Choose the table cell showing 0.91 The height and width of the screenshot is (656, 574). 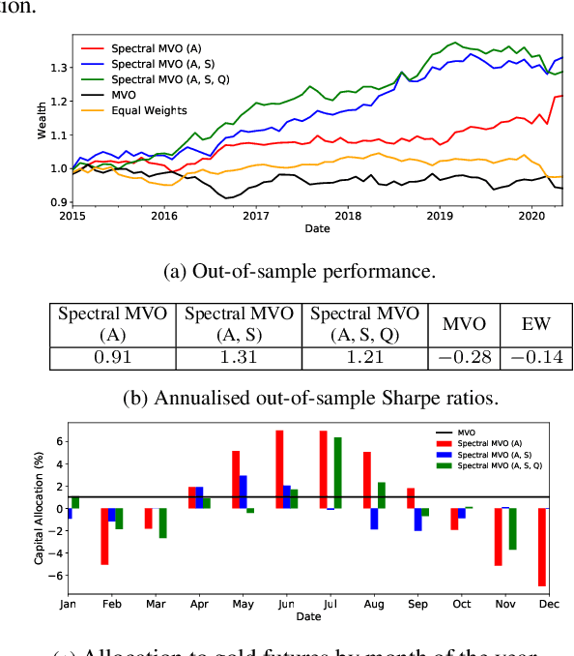[112, 358]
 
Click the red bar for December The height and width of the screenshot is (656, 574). [542, 547]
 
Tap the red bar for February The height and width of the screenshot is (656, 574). [103, 536]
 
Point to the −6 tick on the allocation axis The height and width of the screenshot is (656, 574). [58, 575]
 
